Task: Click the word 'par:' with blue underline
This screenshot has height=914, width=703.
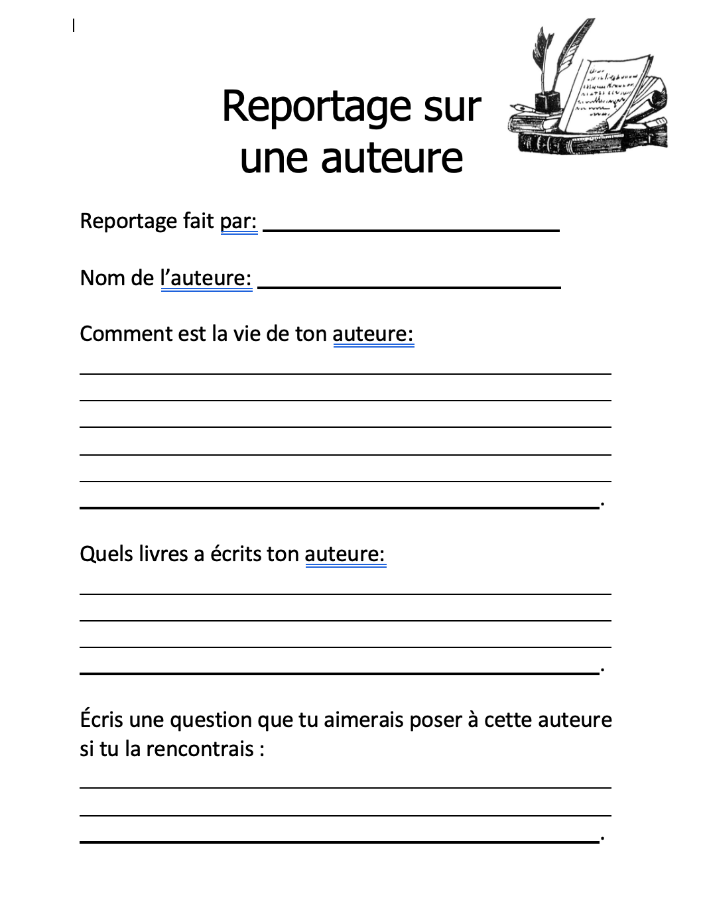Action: (x=239, y=222)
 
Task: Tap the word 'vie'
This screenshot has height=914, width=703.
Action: (x=245, y=333)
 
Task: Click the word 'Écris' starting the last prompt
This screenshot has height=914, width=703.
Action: (x=101, y=719)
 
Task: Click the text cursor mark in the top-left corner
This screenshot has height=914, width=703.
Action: (x=74, y=26)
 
